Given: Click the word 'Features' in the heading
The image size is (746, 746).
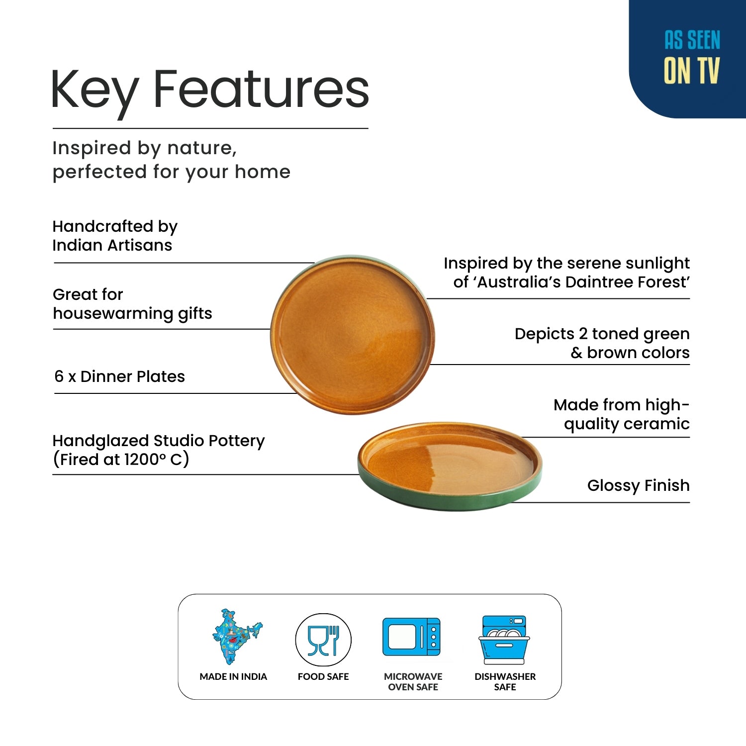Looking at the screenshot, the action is (261, 90).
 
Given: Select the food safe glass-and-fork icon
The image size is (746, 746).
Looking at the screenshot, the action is (323, 640).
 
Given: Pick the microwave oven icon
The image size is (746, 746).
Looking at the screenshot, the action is (412, 637).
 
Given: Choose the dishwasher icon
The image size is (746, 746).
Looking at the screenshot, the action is (504, 640).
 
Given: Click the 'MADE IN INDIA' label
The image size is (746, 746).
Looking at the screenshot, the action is (233, 676).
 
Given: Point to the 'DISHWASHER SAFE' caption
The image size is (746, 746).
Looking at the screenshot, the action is (505, 682).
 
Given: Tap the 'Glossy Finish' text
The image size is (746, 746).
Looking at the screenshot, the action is (638, 485).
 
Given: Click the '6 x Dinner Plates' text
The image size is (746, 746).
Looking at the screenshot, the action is (119, 376).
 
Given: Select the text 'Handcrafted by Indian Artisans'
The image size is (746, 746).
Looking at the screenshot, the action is (115, 236).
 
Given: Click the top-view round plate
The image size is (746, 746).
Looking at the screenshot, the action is (353, 335).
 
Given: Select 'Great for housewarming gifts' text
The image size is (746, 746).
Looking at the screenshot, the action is (132, 304).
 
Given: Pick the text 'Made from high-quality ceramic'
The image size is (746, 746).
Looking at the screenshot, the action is (622, 414).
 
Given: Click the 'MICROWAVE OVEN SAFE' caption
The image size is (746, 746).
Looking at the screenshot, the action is (413, 682).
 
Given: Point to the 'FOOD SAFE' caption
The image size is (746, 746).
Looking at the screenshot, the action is (323, 676).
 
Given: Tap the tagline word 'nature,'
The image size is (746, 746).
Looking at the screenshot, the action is (201, 148).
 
